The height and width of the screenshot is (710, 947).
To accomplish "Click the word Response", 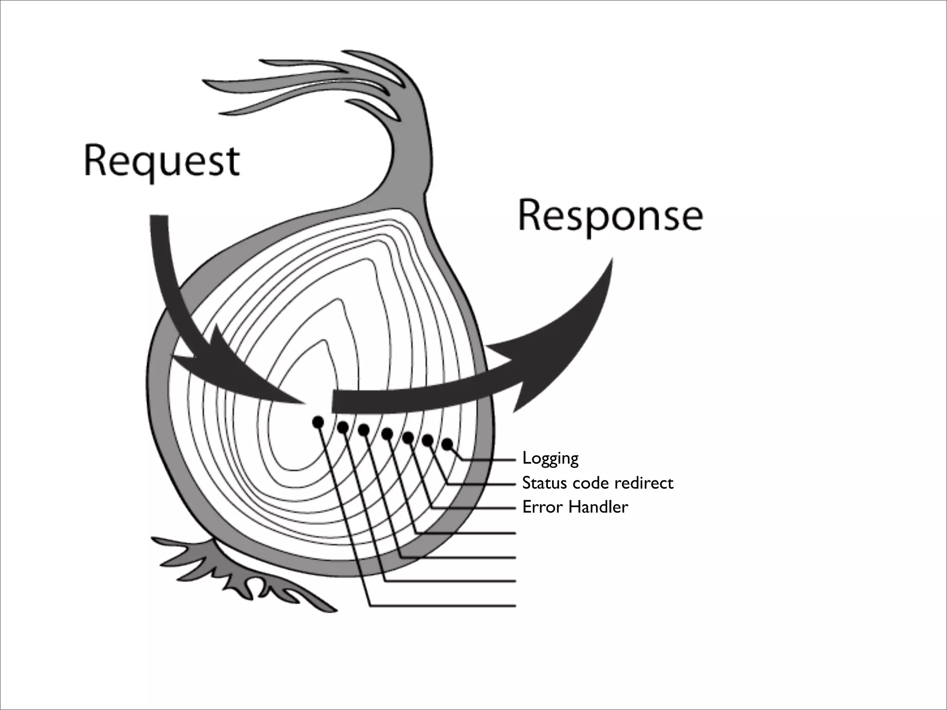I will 610,216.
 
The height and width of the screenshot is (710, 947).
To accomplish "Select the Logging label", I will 550,459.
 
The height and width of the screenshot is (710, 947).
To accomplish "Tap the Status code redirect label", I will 597,483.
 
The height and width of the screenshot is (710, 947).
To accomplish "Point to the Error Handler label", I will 575,507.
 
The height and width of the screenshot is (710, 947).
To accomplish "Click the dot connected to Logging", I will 447,444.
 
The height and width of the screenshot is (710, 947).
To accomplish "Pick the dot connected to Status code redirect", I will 428,441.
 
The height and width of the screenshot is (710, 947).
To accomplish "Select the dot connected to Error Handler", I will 408,437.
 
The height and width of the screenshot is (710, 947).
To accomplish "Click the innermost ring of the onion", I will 296,416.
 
